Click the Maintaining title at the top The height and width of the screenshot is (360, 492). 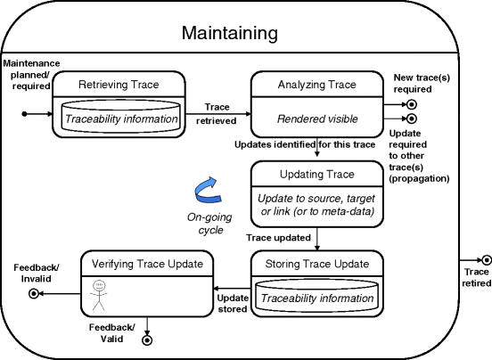(229, 34)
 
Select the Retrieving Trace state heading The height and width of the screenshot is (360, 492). (119, 85)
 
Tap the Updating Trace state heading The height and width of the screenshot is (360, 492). (316, 174)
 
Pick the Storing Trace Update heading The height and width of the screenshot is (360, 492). (316, 263)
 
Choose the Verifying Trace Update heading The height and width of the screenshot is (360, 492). (148, 263)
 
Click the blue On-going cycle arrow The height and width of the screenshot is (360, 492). (209, 189)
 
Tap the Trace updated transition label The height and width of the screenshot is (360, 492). (278, 237)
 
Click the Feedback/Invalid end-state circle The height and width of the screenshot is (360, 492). (34, 292)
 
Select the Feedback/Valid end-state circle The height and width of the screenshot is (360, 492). (147, 339)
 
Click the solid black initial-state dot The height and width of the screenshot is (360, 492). (26, 114)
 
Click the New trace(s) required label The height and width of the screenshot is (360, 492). (420, 85)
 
